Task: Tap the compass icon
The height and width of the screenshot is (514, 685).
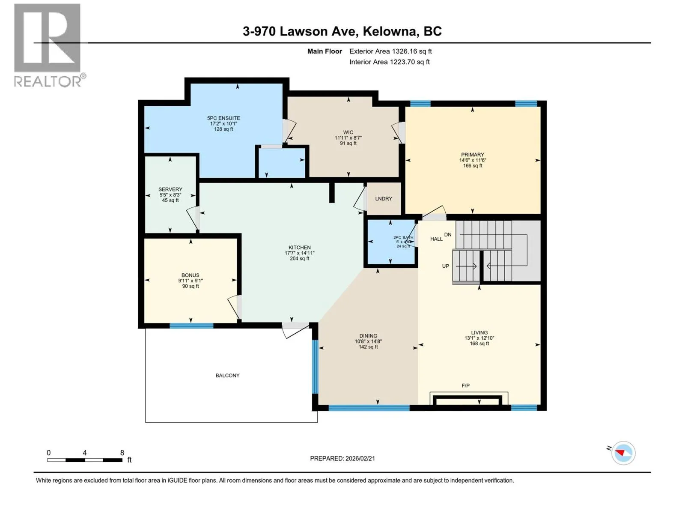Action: pyautogui.click(x=623, y=453)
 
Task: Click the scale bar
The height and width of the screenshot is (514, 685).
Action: pyautogui.click(x=85, y=460)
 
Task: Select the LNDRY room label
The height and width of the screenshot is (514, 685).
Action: pyautogui.click(x=384, y=199)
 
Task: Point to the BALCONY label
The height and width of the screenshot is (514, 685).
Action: pyautogui.click(x=227, y=376)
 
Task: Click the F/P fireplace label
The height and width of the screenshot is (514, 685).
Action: pyautogui.click(x=466, y=386)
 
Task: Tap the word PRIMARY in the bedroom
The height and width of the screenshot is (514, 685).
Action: pyautogui.click(x=473, y=155)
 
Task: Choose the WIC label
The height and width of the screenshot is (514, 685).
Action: pyautogui.click(x=348, y=132)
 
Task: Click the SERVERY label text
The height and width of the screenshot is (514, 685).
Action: pyautogui.click(x=170, y=189)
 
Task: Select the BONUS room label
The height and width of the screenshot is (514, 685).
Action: pyautogui.click(x=191, y=275)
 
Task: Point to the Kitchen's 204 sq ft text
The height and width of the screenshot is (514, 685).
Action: pyautogui.click(x=300, y=258)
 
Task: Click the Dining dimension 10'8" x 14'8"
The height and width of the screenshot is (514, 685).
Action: pyautogui.click(x=368, y=341)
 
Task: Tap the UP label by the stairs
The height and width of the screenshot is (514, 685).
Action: pyautogui.click(x=446, y=266)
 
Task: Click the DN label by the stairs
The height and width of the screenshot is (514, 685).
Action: pyautogui.click(x=448, y=235)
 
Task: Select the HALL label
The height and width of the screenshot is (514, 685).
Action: pyautogui.click(x=436, y=239)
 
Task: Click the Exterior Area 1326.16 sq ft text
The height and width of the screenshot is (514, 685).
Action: pyautogui.click(x=390, y=51)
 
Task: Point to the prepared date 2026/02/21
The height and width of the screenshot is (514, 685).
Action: pyautogui.click(x=360, y=458)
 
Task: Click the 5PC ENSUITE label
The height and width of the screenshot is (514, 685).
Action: pyautogui.click(x=223, y=118)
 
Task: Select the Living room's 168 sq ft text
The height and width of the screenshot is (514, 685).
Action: pyautogui.click(x=479, y=344)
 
